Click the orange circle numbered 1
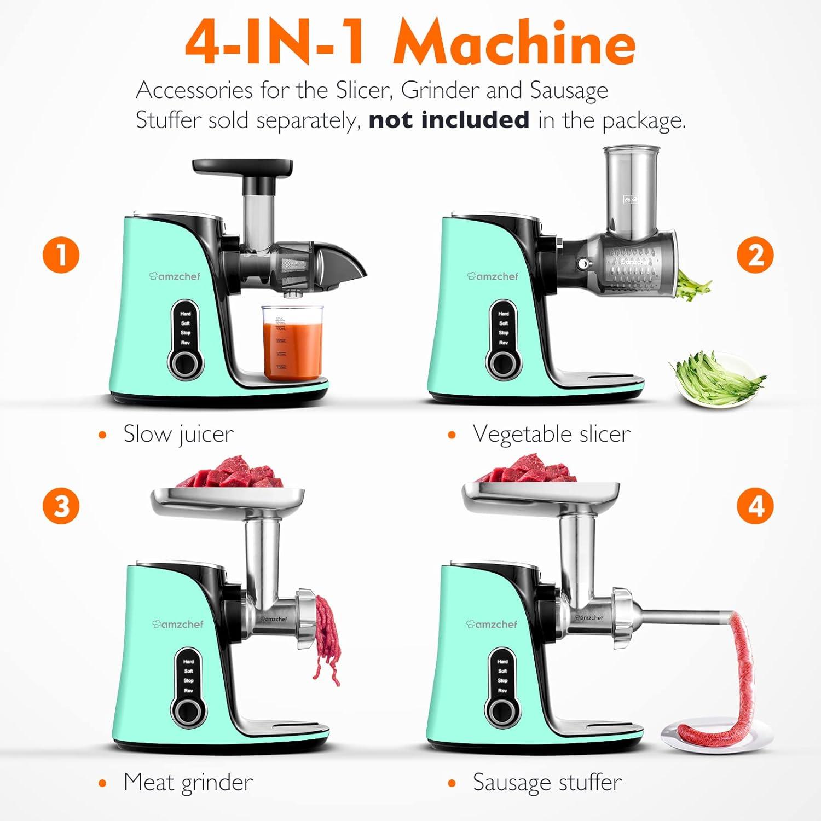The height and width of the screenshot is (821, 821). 61,255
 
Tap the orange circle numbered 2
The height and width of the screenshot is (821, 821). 755,255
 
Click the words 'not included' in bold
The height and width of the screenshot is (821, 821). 449,119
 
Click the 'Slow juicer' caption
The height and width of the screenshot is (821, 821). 178,434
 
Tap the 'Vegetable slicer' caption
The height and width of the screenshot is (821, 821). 551,434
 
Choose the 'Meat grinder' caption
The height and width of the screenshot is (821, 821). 188,782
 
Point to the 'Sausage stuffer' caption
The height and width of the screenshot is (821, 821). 547,782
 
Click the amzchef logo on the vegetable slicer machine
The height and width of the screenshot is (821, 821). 493,276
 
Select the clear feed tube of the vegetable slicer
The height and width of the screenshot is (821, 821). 631,189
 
